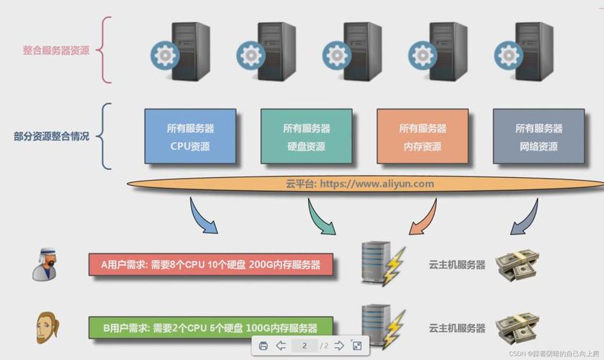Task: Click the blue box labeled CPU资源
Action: tap(190, 136)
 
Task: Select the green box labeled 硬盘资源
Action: tap(306, 136)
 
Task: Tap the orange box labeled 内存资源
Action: tap(423, 136)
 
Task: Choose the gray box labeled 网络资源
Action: tap(538, 136)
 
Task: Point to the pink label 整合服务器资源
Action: tap(56, 50)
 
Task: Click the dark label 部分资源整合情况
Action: tap(51, 136)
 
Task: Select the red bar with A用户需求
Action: tap(212, 265)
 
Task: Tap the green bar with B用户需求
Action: tap(212, 328)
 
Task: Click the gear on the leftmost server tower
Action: tap(164, 55)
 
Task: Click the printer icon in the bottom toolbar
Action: tap(263, 346)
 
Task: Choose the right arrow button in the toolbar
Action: tap(339, 346)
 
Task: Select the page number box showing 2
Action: tap(305, 346)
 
